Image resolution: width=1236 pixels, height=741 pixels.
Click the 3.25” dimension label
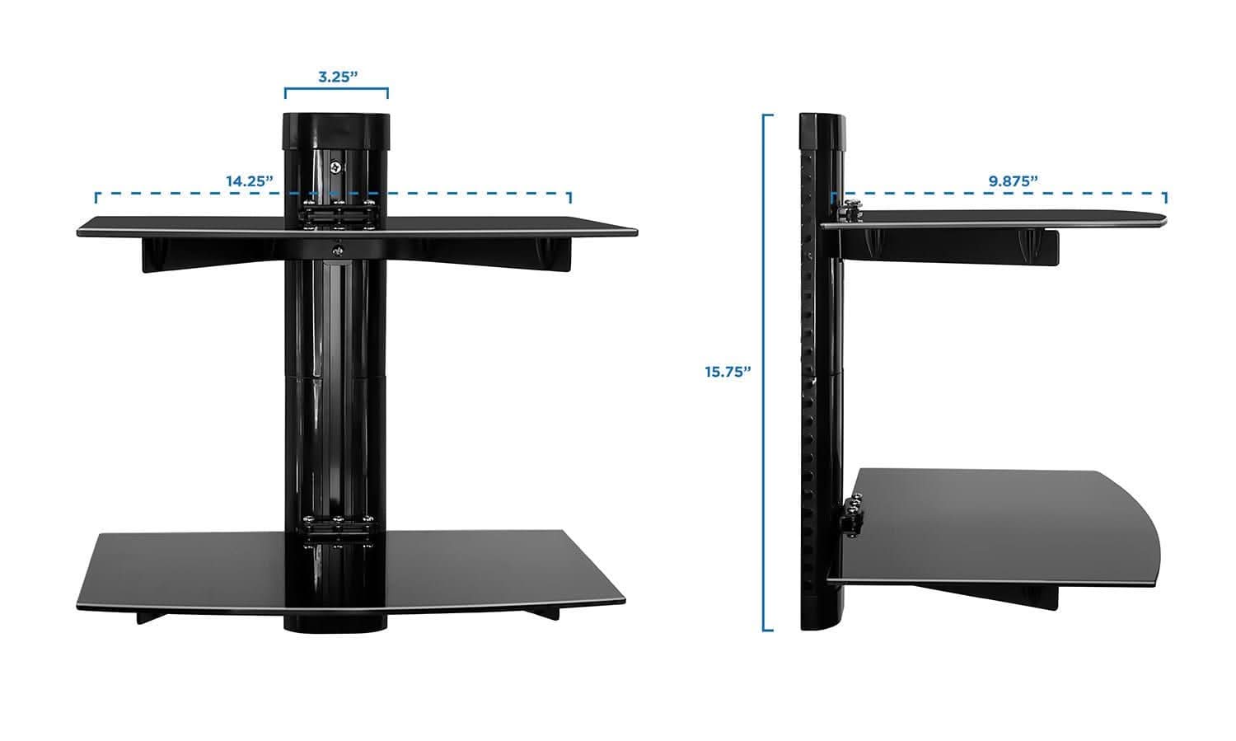click(x=336, y=77)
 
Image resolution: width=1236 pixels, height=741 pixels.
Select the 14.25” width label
click(x=250, y=181)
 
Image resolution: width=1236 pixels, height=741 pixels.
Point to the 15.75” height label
click(x=728, y=372)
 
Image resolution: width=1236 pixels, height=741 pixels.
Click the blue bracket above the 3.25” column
click(x=336, y=91)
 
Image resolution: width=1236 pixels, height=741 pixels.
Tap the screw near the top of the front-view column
click(x=335, y=166)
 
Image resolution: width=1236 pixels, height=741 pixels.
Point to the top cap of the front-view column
click(x=336, y=130)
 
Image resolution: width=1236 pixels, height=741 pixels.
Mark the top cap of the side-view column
click(x=823, y=130)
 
